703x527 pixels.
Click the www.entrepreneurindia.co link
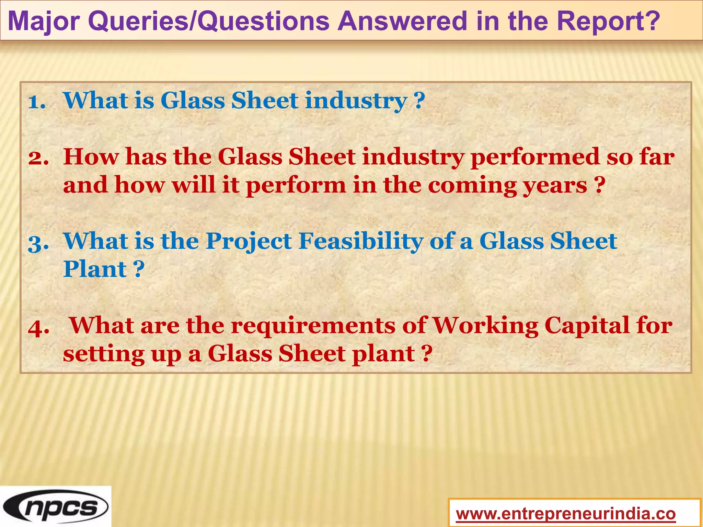pyautogui.click(x=566, y=514)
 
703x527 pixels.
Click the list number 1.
pyautogui.click(x=37, y=102)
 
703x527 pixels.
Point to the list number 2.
pyautogui.click(x=38, y=158)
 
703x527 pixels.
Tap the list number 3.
pyautogui.click(x=38, y=243)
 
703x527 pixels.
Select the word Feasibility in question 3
pyautogui.click(x=360, y=241)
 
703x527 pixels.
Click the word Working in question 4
pyautogui.click(x=485, y=325)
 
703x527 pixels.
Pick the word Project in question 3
pyautogui.click(x=249, y=242)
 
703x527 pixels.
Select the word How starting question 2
pyautogui.click(x=91, y=157)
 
